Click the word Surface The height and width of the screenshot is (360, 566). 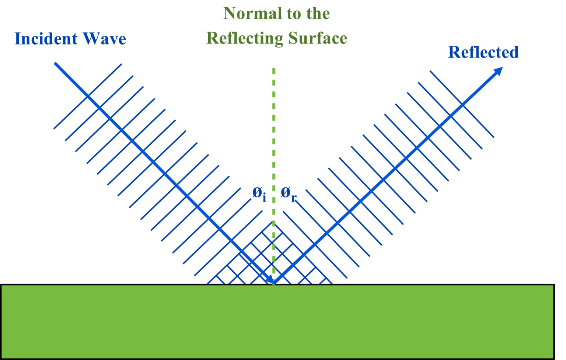[318, 38]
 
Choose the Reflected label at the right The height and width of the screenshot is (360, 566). [483, 52]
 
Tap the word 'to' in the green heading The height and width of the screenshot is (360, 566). [284, 14]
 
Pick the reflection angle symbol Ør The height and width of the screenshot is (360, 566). [289, 193]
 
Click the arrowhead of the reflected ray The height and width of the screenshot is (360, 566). [498, 71]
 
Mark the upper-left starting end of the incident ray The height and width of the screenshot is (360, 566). [55, 63]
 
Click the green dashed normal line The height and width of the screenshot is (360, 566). [273, 147]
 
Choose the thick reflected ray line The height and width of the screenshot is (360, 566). [387, 177]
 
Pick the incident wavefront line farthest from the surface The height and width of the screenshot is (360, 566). [88, 97]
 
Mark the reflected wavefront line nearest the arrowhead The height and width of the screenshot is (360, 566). [462, 104]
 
